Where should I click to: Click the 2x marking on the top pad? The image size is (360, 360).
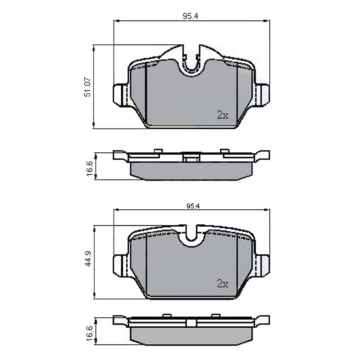click(x=223, y=115)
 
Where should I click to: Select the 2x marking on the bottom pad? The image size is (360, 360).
click(x=223, y=284)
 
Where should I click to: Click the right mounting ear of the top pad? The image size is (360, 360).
click(x=263, y=95)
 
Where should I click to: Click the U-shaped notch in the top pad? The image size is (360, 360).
click(x=191, y=63)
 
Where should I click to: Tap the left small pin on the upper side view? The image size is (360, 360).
click(x=158, y=151)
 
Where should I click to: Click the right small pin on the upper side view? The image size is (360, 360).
click(x=225, y=151)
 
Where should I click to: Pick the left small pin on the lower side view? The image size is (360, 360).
click(x=167, y=315)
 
